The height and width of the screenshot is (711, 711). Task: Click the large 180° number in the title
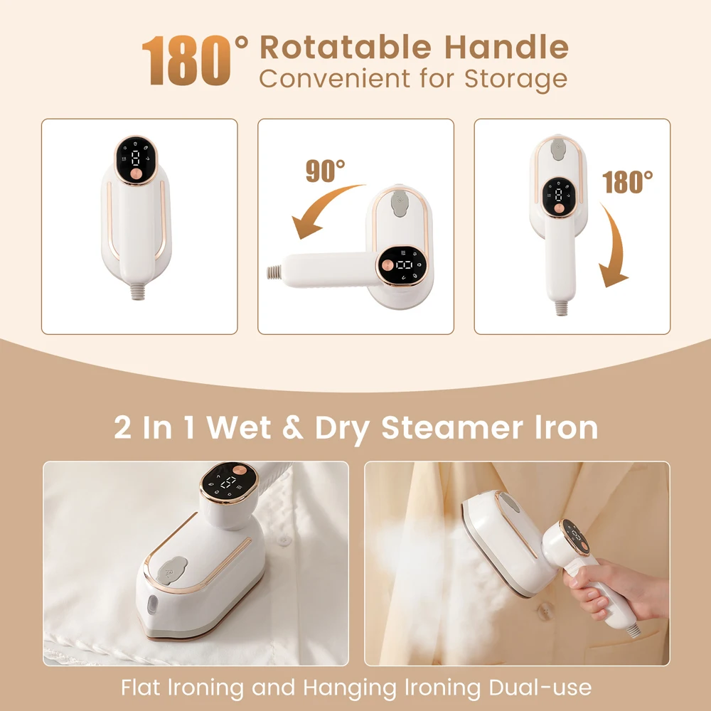[196, 60]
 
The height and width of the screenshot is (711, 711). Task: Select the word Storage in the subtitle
[516, 78]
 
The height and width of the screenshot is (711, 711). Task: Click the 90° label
[325, 171]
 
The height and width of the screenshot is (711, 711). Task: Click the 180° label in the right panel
[628, 182]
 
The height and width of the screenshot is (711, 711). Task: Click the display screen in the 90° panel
[405, 266]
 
